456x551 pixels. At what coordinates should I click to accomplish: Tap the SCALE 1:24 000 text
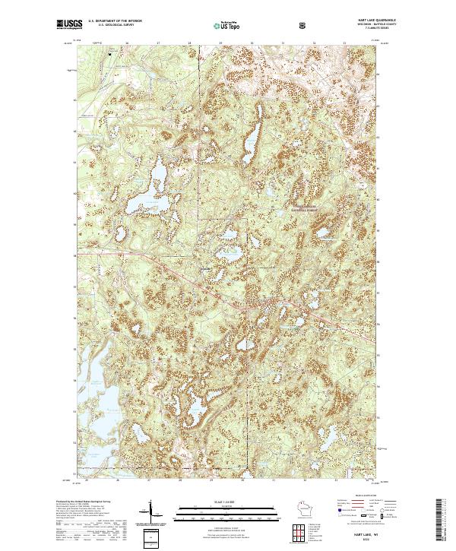[227, 502]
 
